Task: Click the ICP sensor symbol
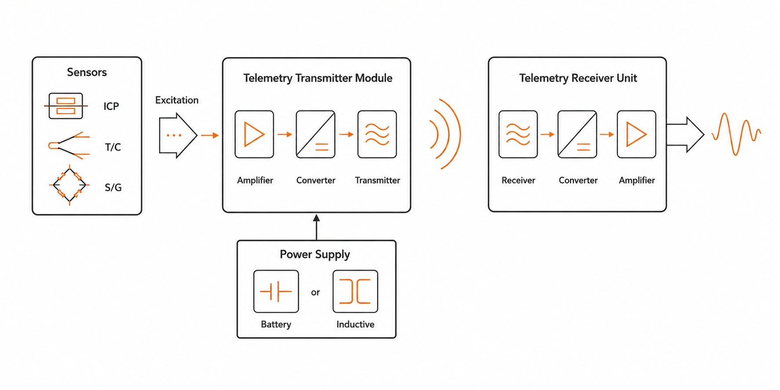tap(66, 106)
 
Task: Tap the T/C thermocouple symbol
tap(69, 145)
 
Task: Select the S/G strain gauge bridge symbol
tap(69, 185)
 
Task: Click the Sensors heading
tap(87, 72)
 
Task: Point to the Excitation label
tap(177, 100)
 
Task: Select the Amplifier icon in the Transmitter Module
tap(254, 134)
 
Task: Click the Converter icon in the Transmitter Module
tap(315, 134)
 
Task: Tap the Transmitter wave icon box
tap(377, 134)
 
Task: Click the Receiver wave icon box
tap(518, 134)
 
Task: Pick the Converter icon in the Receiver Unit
tap(577, 134)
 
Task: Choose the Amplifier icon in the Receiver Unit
tap(636, 134)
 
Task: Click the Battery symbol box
tap(276, 292)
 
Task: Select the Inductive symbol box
tap(355, 292)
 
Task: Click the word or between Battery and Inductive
tap(315, 292)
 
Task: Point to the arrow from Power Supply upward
tap(316, 227)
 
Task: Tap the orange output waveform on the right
tap(736, 134)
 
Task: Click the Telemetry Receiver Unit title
tap(578, 78)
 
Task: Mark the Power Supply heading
tap(315, 255)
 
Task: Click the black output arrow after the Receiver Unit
tap(685, 135)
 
